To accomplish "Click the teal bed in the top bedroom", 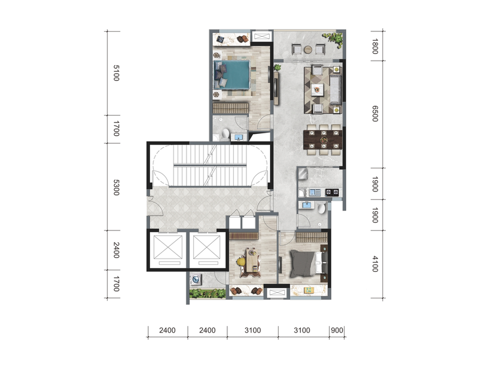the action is pos(232,75).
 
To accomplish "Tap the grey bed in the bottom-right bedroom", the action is pos(309,264).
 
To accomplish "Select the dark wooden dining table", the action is pos(323,140).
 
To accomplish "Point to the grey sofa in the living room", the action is pos(336,90).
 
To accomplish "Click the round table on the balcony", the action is pos(308,49).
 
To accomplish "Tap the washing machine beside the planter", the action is pos(196,280).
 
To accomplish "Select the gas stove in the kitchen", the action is pos(332,192).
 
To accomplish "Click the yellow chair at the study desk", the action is pos(241,262).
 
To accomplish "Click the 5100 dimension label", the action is pos(116,73).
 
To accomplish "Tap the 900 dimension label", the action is pos(337,330).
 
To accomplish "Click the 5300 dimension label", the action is pos(116,187).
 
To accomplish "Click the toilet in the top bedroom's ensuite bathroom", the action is pos(226,134).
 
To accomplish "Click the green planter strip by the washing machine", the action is pos(207,293).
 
